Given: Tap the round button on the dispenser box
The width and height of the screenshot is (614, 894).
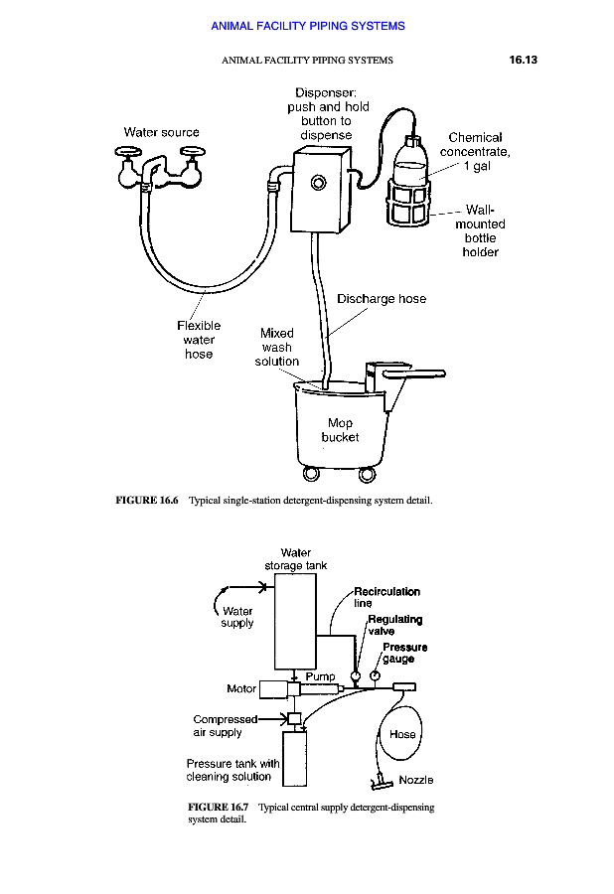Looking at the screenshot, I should click(318, 182).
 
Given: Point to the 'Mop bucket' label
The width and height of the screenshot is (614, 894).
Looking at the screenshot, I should click(340, 430).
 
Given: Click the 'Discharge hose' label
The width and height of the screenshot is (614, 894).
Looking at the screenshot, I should click(382, 299).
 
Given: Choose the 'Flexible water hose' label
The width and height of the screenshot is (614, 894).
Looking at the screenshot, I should click(199, 340).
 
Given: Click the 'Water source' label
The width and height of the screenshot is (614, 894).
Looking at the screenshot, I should click(161, 132).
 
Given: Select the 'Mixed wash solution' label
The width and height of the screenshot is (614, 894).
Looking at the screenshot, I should click(277, 348).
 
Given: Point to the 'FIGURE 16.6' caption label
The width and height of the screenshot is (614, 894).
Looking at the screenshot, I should click(146, 500).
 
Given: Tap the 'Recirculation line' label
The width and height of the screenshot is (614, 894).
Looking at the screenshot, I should click(386, 597).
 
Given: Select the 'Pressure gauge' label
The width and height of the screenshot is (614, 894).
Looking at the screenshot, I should click(404, 653).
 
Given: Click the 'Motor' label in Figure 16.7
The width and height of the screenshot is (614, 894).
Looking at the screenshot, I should click(241, 688).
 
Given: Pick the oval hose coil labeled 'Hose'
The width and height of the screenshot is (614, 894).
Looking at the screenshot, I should click(401, 735).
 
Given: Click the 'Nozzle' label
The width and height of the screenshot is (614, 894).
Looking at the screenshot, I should click(415, 780).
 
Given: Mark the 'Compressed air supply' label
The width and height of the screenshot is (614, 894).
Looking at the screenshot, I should click(225, 726).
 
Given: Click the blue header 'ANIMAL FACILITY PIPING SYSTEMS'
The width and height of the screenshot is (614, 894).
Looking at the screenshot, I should click(307, 26).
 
